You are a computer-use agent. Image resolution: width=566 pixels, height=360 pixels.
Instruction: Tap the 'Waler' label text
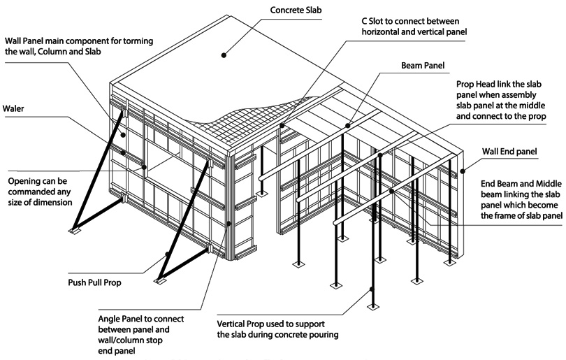(x=15, y=109)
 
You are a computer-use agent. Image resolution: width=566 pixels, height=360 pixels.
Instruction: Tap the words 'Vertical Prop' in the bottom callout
(x=245, y=323)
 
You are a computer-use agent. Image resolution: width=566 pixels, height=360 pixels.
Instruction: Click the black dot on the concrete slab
(x=225, y=52)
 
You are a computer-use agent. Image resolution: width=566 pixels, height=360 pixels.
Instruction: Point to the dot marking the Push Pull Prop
(x=168, y=254)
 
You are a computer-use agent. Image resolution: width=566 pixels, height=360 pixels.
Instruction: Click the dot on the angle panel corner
(x=230, y=224)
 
